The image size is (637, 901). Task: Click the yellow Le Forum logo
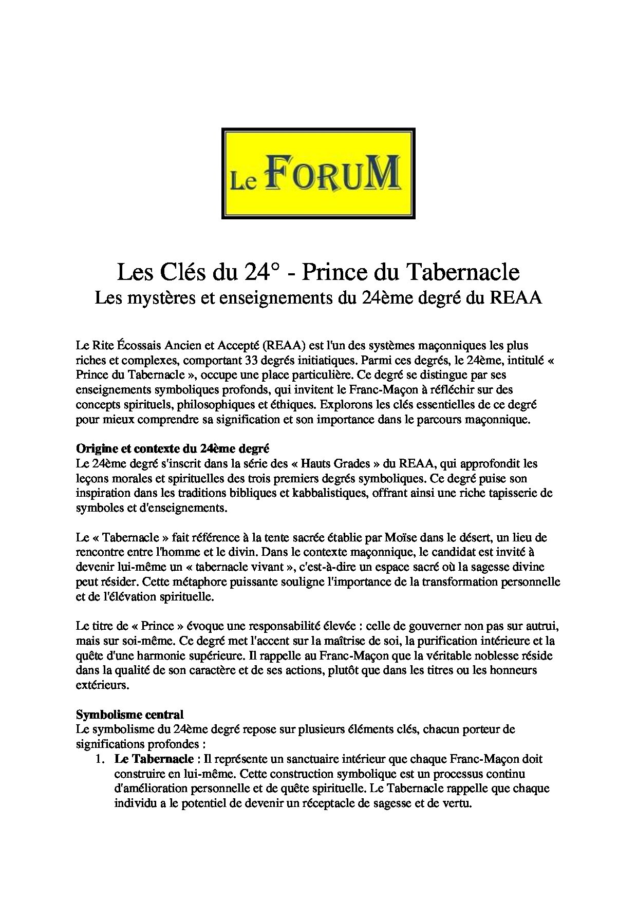pyautogui.click(x=318, y=173)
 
